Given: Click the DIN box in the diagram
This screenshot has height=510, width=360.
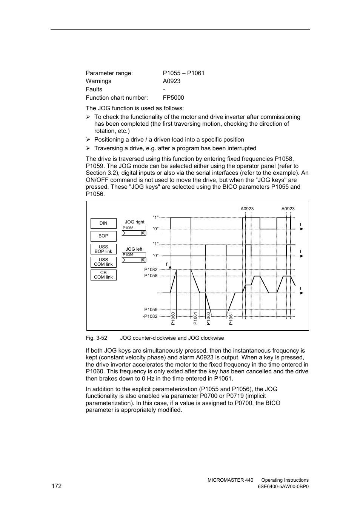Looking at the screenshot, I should [x=103, y=223].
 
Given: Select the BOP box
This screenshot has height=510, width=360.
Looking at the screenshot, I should [x=103, y=236].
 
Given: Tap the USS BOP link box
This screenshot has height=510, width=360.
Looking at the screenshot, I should [x=103, y=249].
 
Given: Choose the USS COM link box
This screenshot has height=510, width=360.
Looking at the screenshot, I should [x=103, y=262].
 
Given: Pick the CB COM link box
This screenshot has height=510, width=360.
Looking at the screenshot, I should [x=103, y=275].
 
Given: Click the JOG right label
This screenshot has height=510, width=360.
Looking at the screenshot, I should [x=135, y=222].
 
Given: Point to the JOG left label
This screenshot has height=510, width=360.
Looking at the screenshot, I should [x=134, y=249].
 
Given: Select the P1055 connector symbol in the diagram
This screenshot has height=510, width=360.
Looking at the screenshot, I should [x=134, y=231].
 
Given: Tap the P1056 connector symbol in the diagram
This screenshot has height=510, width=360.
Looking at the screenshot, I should [x=134, y=257].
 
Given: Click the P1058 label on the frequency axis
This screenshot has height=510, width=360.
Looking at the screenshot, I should [x=151, y=276].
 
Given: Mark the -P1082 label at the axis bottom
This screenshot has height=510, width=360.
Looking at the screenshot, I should [x=150, y=316].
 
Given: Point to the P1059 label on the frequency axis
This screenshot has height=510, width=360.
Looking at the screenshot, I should [x=151, y=310].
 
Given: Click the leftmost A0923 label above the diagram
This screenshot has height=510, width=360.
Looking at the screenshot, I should [x=247, y=209].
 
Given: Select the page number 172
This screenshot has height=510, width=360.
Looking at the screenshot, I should [x=57, y=486].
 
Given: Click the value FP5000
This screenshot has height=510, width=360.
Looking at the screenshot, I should [x=174, y=98].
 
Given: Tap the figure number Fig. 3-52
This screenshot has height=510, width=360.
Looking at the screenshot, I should [x=96, y=338].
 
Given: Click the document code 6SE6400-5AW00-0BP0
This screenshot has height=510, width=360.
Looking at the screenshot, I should [x=283, y=487].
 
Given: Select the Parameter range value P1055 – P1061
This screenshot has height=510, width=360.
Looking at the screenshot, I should [x=184, y=73].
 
